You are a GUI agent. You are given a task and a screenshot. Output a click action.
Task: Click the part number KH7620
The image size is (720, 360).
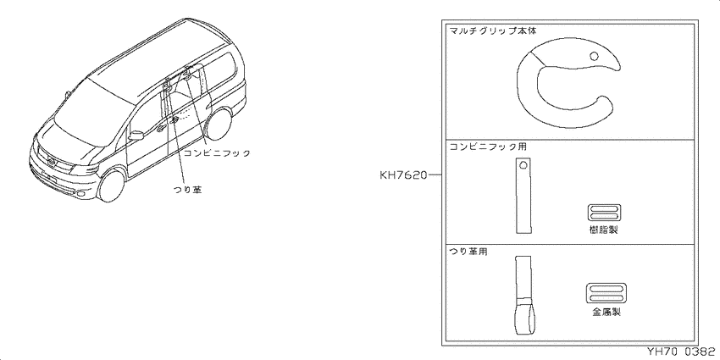pos(403,175)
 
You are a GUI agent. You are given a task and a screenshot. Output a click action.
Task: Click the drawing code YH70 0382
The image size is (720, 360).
pos(681,352)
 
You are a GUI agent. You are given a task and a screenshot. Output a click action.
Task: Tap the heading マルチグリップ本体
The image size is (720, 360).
pos(493,31)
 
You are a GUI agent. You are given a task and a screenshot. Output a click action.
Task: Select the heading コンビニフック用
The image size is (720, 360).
pos(488,147)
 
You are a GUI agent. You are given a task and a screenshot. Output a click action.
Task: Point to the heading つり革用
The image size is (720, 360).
pos(468,251)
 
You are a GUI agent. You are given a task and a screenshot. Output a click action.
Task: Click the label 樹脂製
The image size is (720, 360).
pos(604,230)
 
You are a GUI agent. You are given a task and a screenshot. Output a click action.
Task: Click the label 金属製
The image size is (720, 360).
pos(606,313)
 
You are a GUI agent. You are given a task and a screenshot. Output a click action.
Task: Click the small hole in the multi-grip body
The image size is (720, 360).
pos(594,56)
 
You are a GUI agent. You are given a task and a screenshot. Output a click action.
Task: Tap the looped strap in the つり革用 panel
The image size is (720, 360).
pos(523,296)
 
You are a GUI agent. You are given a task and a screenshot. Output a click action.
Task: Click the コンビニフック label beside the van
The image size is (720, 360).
pos(217,153)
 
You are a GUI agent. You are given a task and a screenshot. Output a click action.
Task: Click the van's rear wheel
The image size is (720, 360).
pos(219,124)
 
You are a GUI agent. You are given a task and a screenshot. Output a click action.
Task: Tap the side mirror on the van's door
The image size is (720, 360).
pos(136,136)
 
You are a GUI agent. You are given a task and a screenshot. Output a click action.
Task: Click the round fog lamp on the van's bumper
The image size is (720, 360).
pos(81,194)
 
